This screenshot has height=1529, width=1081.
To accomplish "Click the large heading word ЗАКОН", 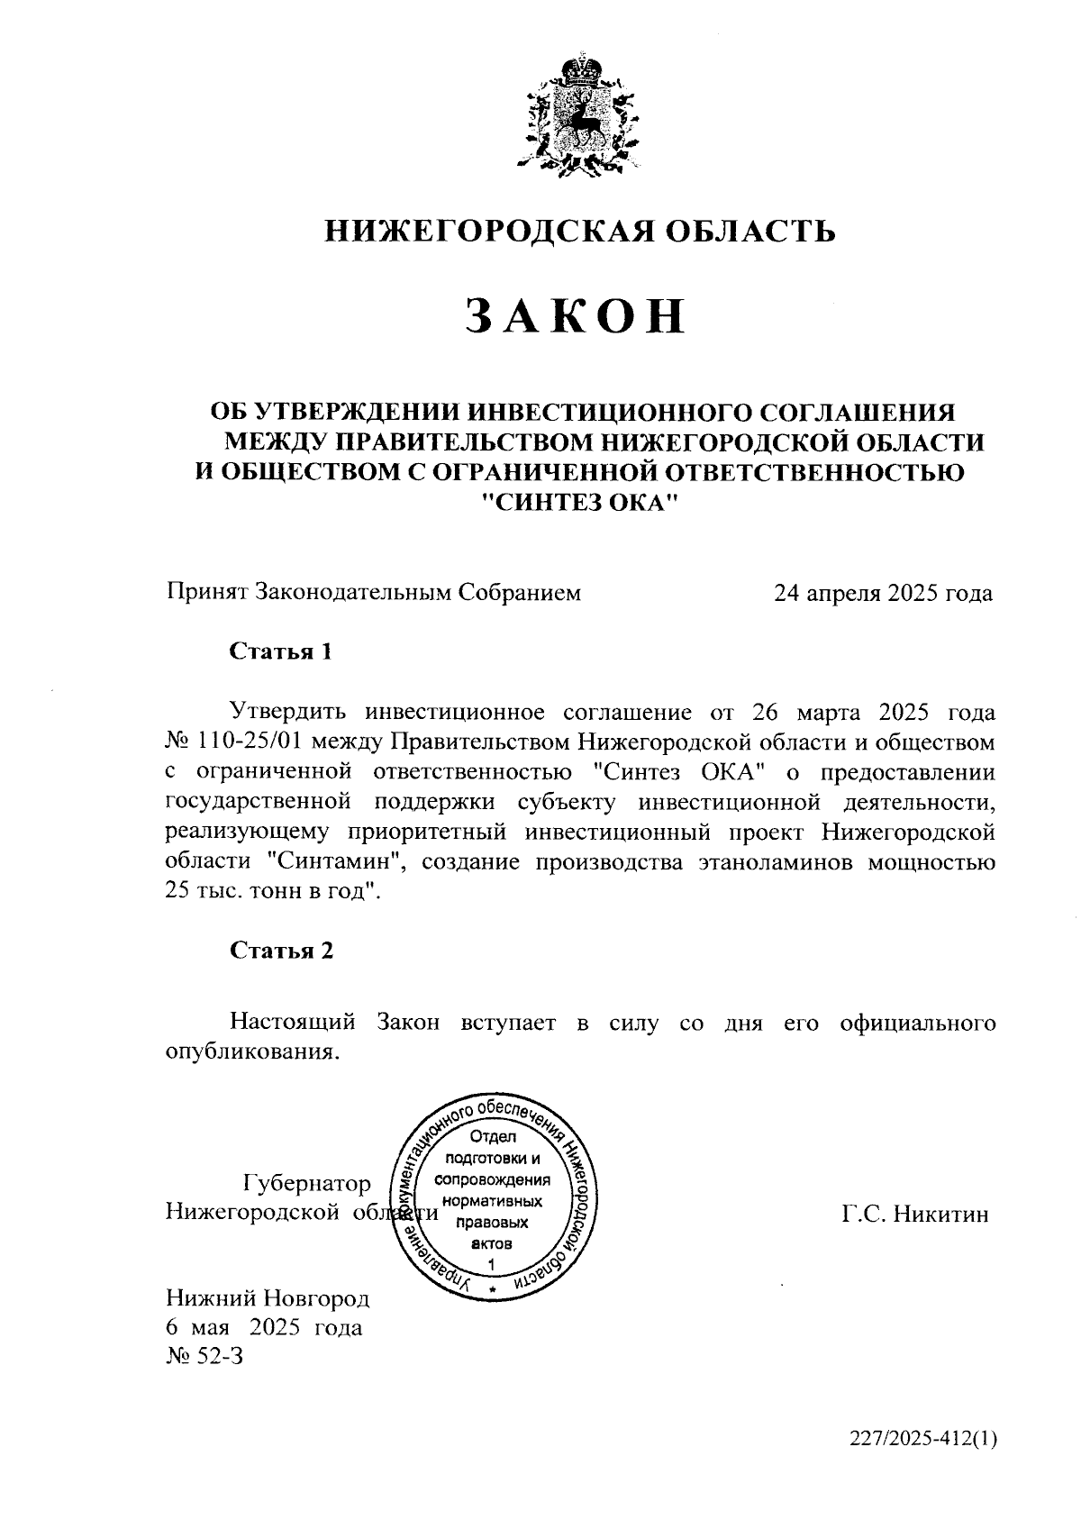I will coord(577,317).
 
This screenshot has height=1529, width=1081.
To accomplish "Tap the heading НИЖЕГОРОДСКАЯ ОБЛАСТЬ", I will coord(580,232).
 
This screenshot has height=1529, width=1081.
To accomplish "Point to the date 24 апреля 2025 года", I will coord(884,594).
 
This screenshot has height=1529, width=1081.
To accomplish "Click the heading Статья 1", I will coord(281,651).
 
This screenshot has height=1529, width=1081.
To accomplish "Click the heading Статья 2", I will coord(281,951).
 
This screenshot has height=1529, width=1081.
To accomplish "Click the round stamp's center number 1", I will coord(491,1265).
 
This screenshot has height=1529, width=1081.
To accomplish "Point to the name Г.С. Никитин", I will coord(915,1215).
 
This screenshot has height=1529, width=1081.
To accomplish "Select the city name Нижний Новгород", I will coord(268,1298).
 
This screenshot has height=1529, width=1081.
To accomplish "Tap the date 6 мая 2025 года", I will coord(264,1327).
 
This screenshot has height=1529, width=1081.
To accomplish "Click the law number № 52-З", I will coord(204,1356).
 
